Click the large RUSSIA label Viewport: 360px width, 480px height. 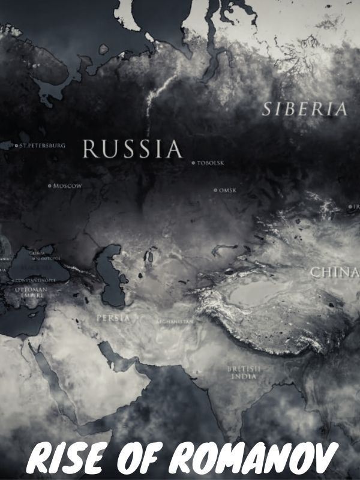[131, 149]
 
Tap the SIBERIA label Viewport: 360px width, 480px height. [305, 109]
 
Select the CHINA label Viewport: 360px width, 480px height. [334, 272]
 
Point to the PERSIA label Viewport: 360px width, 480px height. [112, 319]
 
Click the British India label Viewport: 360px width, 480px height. [242, 372]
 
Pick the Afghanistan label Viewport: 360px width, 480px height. [175, 322]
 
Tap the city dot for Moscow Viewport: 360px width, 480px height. [50, 185]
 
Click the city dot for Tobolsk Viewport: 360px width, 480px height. [193, 163]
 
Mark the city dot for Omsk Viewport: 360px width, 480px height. [215, 190]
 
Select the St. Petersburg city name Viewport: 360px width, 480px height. [41, 145]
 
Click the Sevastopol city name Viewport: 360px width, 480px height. [43, 259]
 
